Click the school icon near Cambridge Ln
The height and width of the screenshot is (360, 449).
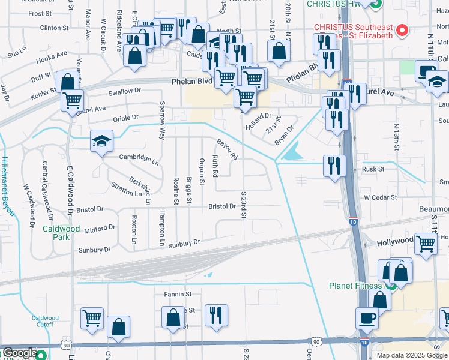pyautogui.click(x=101, y=142)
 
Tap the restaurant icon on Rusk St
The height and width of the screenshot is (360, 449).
pyautogui.click(x=334, y=166)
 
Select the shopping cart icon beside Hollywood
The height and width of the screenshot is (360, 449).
pyautogui.click(x=426, y=244)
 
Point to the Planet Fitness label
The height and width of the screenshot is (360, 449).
pyautogui.click(x=358, y=286)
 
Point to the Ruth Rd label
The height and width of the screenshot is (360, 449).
pyautogui.click(x=214, y=166)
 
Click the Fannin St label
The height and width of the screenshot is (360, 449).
pyautogui.click(x=178, y=294)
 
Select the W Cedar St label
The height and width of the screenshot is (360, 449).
pyautogui.click(x=380, y=197)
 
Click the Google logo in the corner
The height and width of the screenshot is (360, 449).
pyautogui.click(x=20, y=353)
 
